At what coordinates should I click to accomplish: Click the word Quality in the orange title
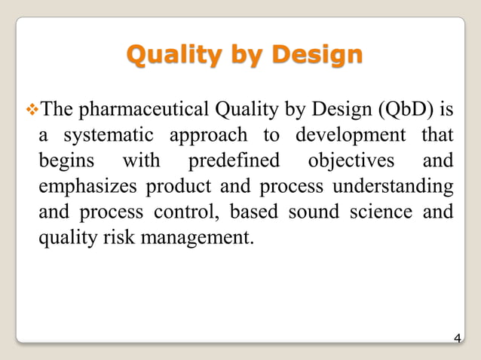[167, 54]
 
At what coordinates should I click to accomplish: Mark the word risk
[110, 238]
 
